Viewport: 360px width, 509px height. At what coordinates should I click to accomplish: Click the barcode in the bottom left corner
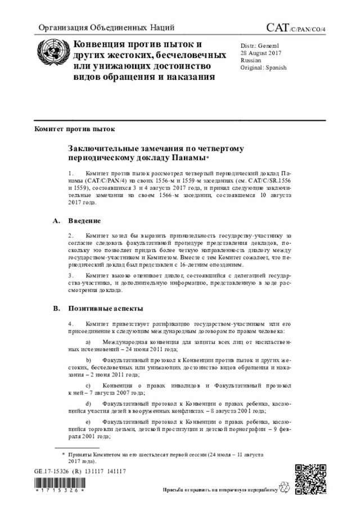tap(59, 484)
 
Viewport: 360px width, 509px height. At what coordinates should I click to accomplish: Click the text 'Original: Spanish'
tap(263, 67)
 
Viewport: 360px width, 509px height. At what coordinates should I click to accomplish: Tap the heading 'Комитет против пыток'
tap(74, 128)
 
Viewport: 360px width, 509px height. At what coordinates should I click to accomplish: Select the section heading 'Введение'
tap(85, 220)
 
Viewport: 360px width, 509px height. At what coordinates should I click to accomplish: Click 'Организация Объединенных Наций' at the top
tap(106, 28)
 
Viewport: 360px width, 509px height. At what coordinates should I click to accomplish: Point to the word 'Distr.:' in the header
tap(248, 45)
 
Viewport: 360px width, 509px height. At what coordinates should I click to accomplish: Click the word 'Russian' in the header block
tap(250, 60)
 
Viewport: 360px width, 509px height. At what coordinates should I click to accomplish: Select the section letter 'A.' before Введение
tap(56, 220)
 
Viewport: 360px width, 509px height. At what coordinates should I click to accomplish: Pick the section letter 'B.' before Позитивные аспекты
tap(56, 309)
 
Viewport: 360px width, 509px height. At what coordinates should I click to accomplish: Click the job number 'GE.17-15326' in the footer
tap(52, 471)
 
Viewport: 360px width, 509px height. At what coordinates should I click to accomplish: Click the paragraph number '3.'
tap(71, 276)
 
